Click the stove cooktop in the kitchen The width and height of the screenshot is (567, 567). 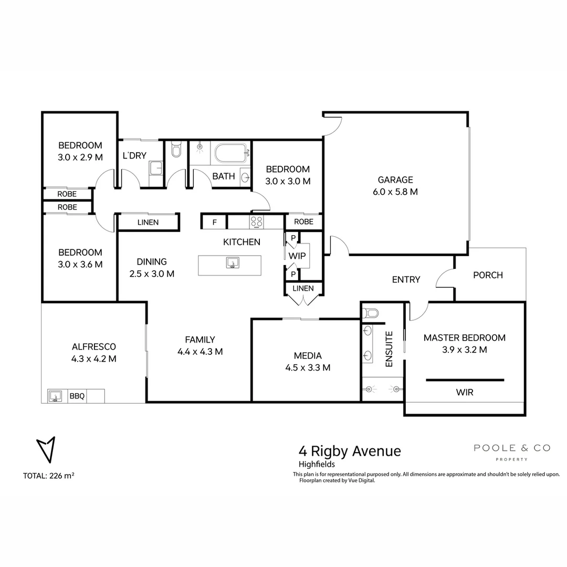click(257, 222)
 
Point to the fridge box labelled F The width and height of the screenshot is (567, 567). click(214, 222)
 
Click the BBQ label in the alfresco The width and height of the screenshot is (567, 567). click(77, 396)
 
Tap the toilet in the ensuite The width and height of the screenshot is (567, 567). click(371, 313)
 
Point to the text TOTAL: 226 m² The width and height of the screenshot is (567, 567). click(48, 476)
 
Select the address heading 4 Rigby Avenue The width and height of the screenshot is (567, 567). click(350, 451)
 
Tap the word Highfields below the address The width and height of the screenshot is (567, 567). click(317, 464)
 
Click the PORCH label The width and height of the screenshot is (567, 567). click(488, 275)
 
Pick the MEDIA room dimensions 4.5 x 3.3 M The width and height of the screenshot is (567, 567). click(308, 367)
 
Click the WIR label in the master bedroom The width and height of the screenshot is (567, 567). click(465, 392)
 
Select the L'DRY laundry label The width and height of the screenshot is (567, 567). click(134, 156)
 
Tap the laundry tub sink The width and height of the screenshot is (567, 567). click(156, 168)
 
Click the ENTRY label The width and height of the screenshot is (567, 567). click(406, 280)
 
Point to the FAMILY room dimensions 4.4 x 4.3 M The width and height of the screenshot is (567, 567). click(200, 352)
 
